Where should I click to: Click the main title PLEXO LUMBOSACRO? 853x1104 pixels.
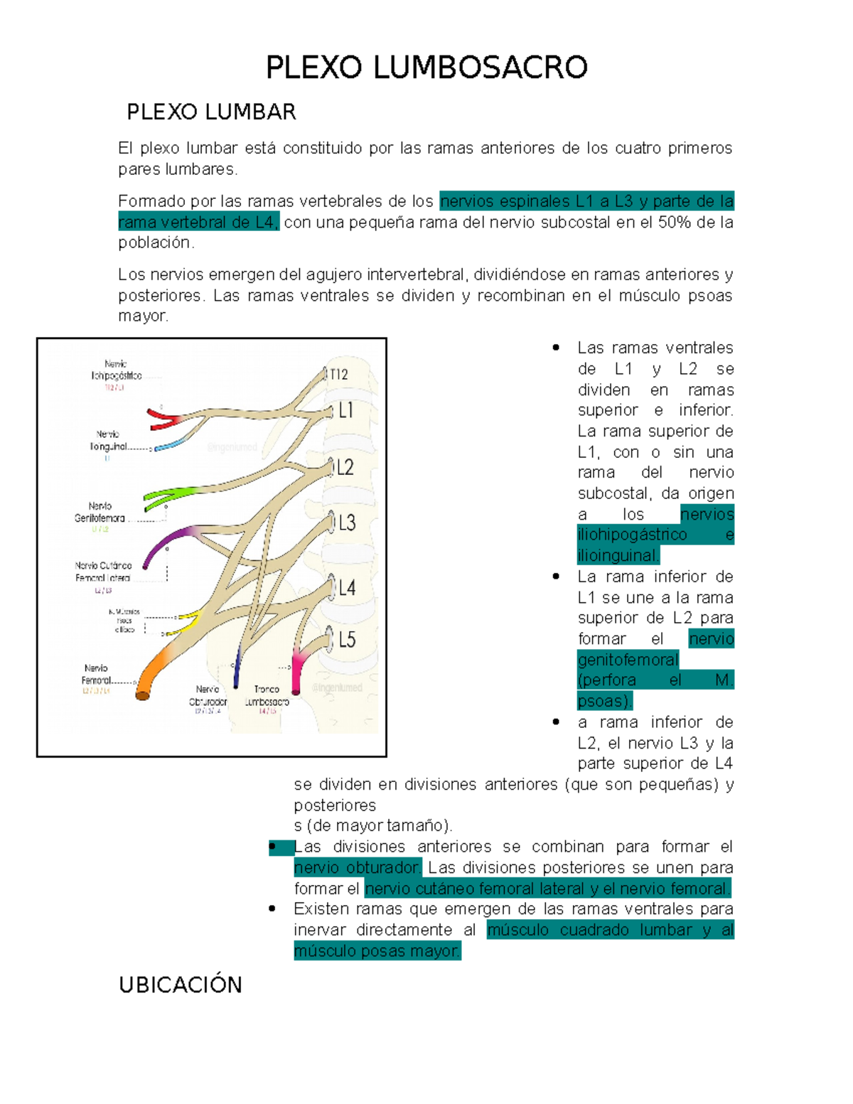coord(426,68)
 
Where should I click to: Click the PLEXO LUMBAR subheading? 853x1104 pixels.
coord(211,112)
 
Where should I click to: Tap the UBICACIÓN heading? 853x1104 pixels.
coord(181,985)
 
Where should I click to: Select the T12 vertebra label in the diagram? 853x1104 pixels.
coord(339,375)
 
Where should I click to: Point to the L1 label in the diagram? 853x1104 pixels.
coord(345,410)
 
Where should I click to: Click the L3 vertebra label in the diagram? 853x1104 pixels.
coord(347,524)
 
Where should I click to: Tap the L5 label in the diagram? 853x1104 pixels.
coord(347,640)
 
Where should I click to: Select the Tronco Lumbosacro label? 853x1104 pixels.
coord(267,695)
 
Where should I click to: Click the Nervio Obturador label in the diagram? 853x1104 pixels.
coord(208,695)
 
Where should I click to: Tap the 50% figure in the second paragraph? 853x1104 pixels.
coord(675,223)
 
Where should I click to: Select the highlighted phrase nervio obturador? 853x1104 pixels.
coord(358,868)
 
